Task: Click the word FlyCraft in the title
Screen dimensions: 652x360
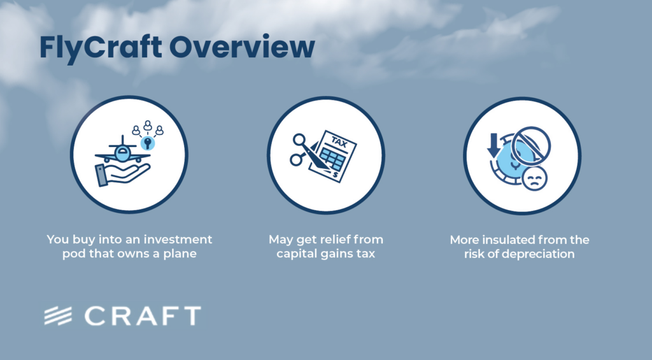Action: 101,48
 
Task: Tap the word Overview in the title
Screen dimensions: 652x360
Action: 242,47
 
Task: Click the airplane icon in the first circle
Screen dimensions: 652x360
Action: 123,150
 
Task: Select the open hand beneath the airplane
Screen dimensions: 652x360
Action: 122,175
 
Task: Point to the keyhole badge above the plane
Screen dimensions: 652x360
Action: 148,143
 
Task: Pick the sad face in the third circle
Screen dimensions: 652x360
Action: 534,178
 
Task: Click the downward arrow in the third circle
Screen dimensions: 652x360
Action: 493,145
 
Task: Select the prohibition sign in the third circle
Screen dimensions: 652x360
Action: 531,147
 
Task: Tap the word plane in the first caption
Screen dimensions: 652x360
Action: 180,254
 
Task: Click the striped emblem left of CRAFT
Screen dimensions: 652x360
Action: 58,316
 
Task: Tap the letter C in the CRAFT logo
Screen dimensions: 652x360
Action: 96,316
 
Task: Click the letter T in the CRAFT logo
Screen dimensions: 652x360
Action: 192,316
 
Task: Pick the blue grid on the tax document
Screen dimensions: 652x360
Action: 332,160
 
